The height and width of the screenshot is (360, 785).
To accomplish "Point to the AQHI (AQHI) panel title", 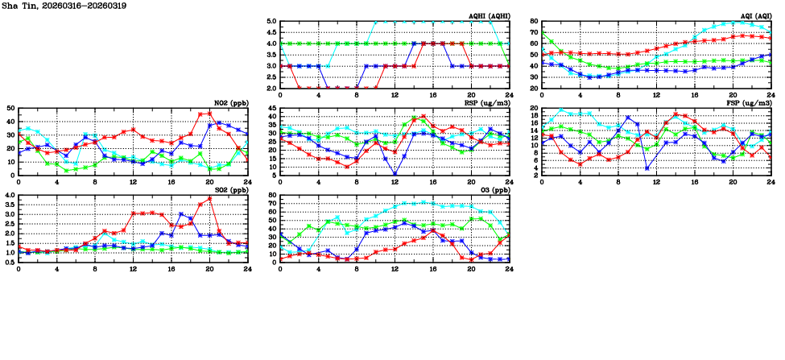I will pos(487,16).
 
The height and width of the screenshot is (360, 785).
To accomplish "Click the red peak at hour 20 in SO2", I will pos(209,198).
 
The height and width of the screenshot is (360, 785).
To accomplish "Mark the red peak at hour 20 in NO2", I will pos(209,114).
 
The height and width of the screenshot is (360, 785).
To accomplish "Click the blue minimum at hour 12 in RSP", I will pos(395,174).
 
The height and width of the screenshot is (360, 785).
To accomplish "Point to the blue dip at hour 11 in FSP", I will pos(647,168).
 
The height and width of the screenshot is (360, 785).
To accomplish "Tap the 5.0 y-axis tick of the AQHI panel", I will pos(272,22).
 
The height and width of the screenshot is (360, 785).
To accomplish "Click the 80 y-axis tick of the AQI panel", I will pos(534,22).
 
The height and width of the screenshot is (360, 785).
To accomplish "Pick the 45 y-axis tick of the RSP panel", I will pos(272,109).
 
